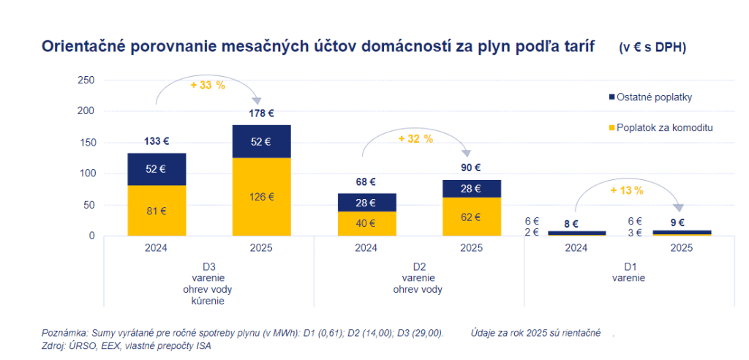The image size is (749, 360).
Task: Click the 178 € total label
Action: (262, 113)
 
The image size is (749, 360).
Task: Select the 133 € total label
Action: (157, 141)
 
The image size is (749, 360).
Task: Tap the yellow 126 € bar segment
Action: (262, 197)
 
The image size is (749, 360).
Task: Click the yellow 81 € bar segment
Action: (157, 211)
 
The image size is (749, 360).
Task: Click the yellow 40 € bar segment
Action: (366, 223)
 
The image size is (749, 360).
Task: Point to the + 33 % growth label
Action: (208, 85)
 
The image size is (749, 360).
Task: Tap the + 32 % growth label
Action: (415, 138)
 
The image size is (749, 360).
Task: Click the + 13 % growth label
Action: (626, 190)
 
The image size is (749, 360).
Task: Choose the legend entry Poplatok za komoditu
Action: (664, 127)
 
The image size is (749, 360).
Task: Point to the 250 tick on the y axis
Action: (86, 80)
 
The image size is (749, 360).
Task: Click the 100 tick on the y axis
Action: (86, 173)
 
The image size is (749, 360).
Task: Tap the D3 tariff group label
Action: (208, 266)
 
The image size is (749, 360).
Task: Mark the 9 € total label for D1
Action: (678, 223)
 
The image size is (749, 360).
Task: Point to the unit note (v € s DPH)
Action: (652, 48)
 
